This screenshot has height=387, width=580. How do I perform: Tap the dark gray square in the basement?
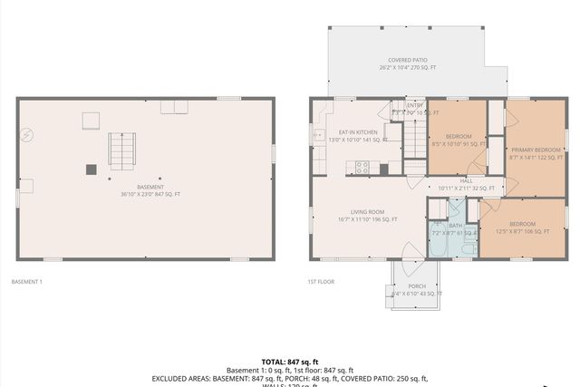tap(92, 169)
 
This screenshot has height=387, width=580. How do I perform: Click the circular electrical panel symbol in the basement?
tap(27, 134)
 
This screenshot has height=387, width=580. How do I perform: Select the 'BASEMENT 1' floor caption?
tap(26, 282)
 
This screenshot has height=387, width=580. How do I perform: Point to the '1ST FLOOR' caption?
tap(320, 282)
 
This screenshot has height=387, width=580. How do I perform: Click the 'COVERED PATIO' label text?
tap(407, 60)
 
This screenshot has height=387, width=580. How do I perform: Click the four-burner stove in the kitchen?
tap(362, 167)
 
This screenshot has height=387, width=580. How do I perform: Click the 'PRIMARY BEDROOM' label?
tap(536, 150)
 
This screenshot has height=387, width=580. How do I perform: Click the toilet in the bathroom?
tap(469, 247)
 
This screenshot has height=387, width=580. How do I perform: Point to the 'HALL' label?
tap(466, 180)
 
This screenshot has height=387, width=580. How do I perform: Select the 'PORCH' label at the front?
tap(416, 286)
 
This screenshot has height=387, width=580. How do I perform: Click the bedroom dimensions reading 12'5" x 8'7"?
tap(522, 231)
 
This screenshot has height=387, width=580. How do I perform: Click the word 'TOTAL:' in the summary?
tap(275, 361)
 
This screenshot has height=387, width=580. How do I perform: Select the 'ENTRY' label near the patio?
tap(415, 105)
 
